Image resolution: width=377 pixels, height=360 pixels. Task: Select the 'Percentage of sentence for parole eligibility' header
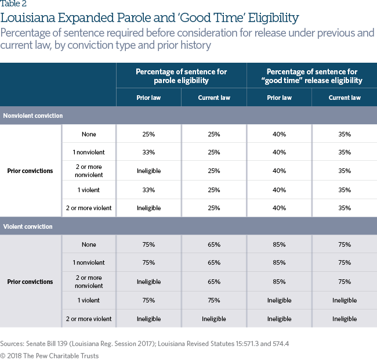(x=181, y=75)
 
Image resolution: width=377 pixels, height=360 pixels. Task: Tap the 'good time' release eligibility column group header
(x=311, y=75)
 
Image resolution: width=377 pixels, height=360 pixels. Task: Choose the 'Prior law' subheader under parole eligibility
(x=148, y=98)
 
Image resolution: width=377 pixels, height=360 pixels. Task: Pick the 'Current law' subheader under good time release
(x=344, y=98)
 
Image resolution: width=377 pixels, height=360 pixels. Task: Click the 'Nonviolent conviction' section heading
(x=32, y=116)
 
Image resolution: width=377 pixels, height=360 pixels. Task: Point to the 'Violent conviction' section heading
(x=28, y=226)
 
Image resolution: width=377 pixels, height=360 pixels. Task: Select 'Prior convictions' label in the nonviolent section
(x=30, y=171)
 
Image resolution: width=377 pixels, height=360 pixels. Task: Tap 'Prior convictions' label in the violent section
(x=30, y=282)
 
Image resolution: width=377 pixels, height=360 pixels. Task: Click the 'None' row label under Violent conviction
(x=89, y=244)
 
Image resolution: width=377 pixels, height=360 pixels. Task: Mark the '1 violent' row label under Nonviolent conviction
(x=89, y=190)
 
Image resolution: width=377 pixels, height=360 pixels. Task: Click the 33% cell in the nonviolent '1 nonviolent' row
(x=148, y=153)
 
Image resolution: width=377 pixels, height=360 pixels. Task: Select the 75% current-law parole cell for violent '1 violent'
(x=213, y=300)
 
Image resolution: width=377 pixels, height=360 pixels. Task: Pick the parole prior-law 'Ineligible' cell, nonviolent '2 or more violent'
(x=148, y=208)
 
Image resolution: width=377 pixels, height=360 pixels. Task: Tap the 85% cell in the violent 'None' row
(x=279, y=244)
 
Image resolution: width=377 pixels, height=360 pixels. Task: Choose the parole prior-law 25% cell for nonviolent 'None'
(x=148, y=134)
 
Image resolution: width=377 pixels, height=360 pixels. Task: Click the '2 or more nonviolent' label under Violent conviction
(x=89, y=282)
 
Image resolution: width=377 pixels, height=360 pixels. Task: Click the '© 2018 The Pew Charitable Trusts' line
(x=49, y=355)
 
